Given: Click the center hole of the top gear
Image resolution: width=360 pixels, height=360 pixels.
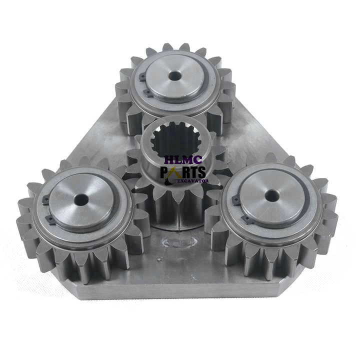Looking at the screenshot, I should (x=174, y=75).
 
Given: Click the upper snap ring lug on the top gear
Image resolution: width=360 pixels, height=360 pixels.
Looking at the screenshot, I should (x=142, y=76).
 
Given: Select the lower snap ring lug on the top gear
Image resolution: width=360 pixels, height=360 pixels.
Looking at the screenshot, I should (x=146, y=92).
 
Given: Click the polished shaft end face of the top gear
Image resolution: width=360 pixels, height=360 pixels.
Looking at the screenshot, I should (x=187, y=82).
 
